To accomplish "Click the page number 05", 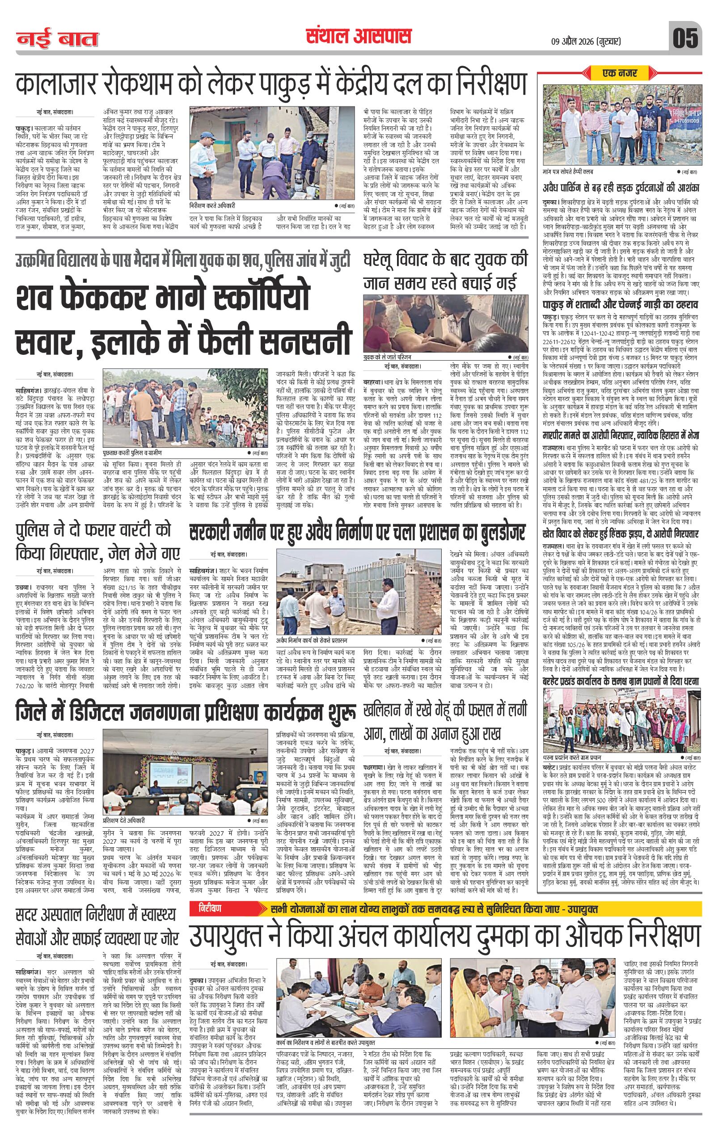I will coord(685,38).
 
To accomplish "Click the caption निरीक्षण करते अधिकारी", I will coord(212,206).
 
